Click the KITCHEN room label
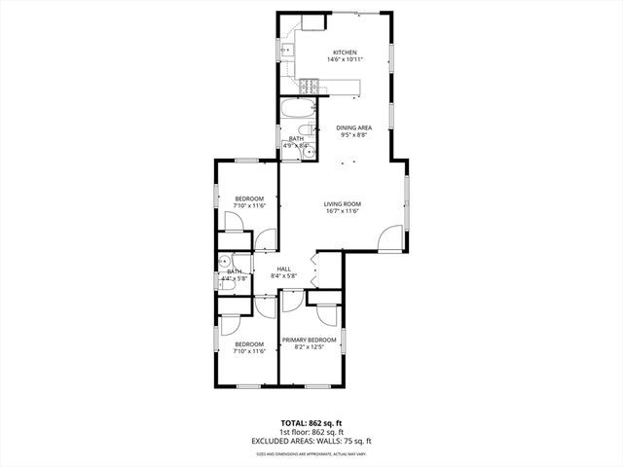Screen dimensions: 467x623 tap(345, 53)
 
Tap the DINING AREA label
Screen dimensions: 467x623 tap(353, 127)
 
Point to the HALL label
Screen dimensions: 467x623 tap(284, 269)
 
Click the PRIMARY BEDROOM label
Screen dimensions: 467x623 tap(310, 340)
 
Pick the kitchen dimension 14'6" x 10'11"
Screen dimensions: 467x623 tap(345, 60)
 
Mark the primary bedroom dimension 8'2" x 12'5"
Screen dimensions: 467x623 tap(310, 347)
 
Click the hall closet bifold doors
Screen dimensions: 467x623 tap(313, 269)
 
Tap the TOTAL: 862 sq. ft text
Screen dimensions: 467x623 tap(311, 423)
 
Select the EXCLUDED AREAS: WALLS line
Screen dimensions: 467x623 tap(311, 441)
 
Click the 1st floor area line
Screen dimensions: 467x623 tap(311, 432)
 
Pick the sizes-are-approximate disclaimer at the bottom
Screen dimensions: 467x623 tap(311, 453)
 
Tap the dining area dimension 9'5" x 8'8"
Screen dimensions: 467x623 tap(353, 135)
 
